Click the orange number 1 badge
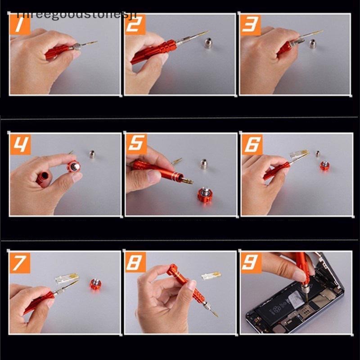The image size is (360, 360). coord(19,25)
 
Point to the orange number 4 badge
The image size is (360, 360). coord(20,144)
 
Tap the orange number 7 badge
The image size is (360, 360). coord(20,262)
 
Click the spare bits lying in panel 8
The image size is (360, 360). coord(211,274)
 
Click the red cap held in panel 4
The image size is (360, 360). coord(73,167)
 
